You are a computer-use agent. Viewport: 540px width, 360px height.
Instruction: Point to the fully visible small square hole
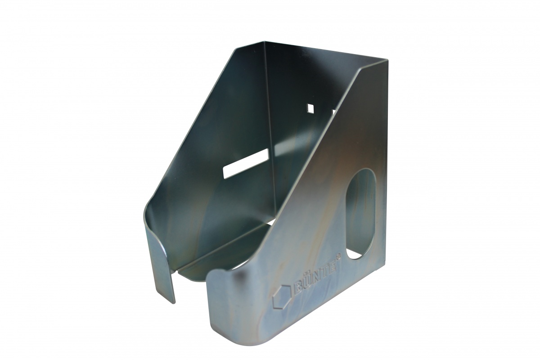[x=310, y=108]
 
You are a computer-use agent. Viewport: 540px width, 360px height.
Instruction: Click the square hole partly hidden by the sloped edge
[x=333, y=111]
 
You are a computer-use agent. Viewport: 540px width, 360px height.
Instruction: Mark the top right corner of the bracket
[x=386, y=60]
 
